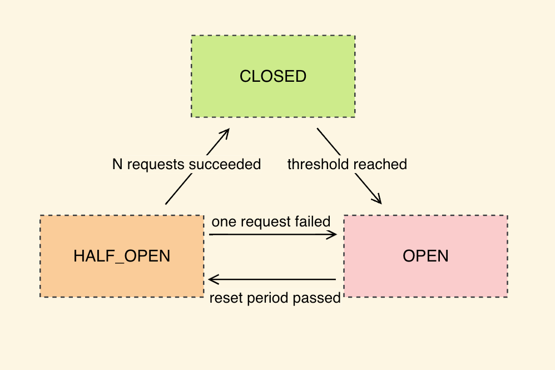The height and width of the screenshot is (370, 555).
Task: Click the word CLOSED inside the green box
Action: click(x=273, y=76)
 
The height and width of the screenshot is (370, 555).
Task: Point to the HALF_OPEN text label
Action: click(x=122, y=256)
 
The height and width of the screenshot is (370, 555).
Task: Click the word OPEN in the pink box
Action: click(x=425, y=256)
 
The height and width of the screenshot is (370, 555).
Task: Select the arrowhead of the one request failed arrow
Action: click(x=334, y=235)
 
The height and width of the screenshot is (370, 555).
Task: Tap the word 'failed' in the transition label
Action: click(x=316, y=221)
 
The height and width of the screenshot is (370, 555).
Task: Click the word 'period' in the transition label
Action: click(x=265, y=298)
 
